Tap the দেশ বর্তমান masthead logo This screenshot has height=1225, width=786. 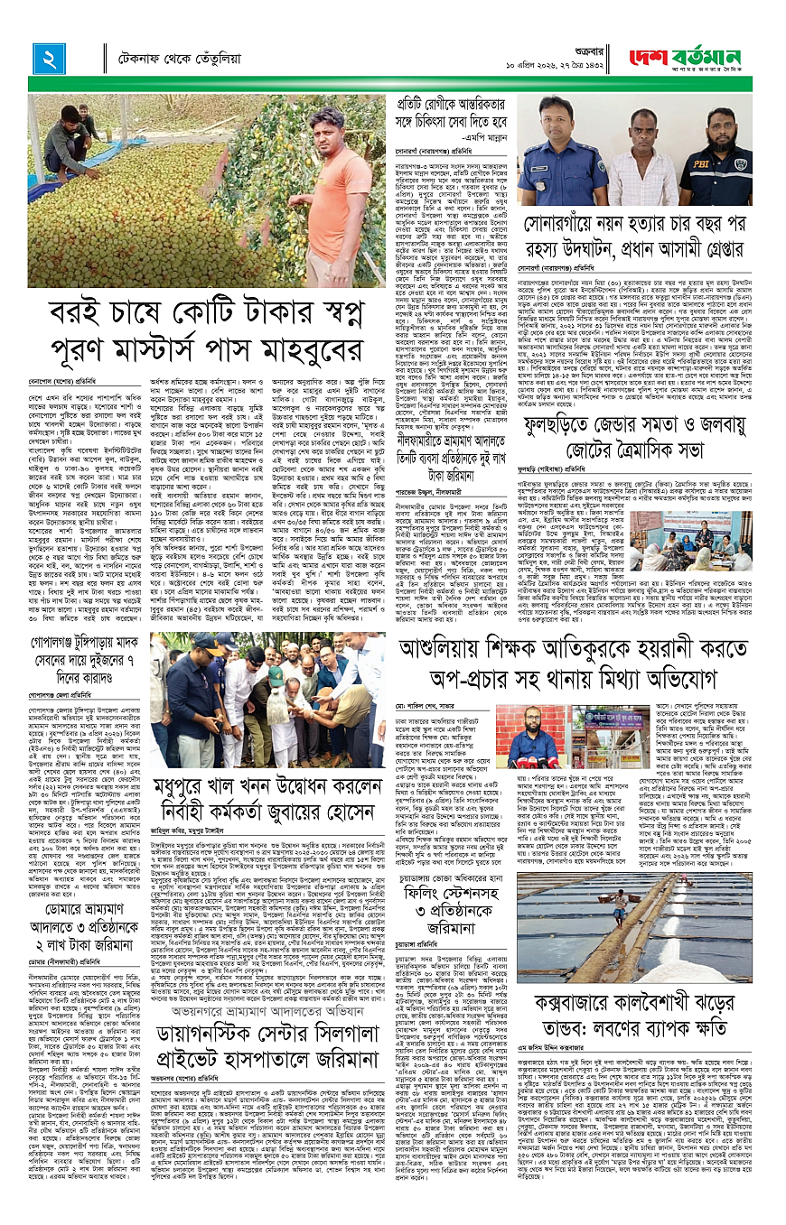690,60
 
